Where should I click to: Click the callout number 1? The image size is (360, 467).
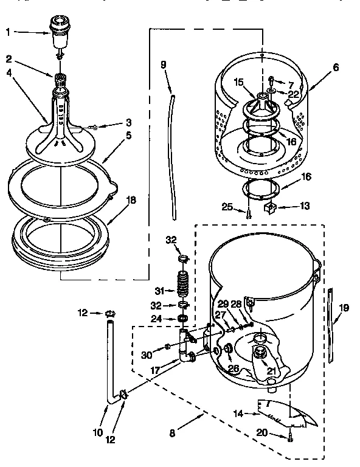coord(9,32)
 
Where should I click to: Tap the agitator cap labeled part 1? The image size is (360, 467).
coord(59,35)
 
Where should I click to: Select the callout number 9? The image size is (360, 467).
coord(164,64)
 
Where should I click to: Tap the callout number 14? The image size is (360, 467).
coord(239,414)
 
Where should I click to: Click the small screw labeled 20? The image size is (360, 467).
coord(291,435)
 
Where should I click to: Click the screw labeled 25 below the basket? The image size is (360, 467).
coord(249,213)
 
